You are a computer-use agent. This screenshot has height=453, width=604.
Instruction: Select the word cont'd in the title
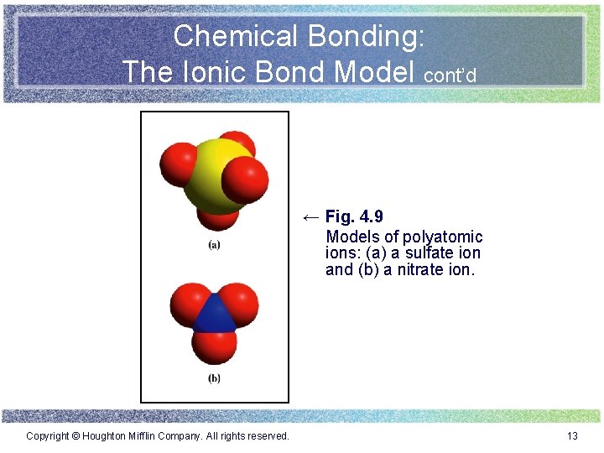450,75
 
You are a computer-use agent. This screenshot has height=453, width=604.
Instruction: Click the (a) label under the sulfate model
214,245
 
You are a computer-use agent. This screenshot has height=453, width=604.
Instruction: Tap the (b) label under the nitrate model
214,378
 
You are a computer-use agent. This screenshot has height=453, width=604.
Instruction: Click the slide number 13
573,435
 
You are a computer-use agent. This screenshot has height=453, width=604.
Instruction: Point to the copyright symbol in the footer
75,435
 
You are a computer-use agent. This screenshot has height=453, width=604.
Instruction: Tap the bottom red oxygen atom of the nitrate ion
215,344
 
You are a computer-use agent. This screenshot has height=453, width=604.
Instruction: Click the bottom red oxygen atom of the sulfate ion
217,216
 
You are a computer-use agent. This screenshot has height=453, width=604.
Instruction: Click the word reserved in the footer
268,435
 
